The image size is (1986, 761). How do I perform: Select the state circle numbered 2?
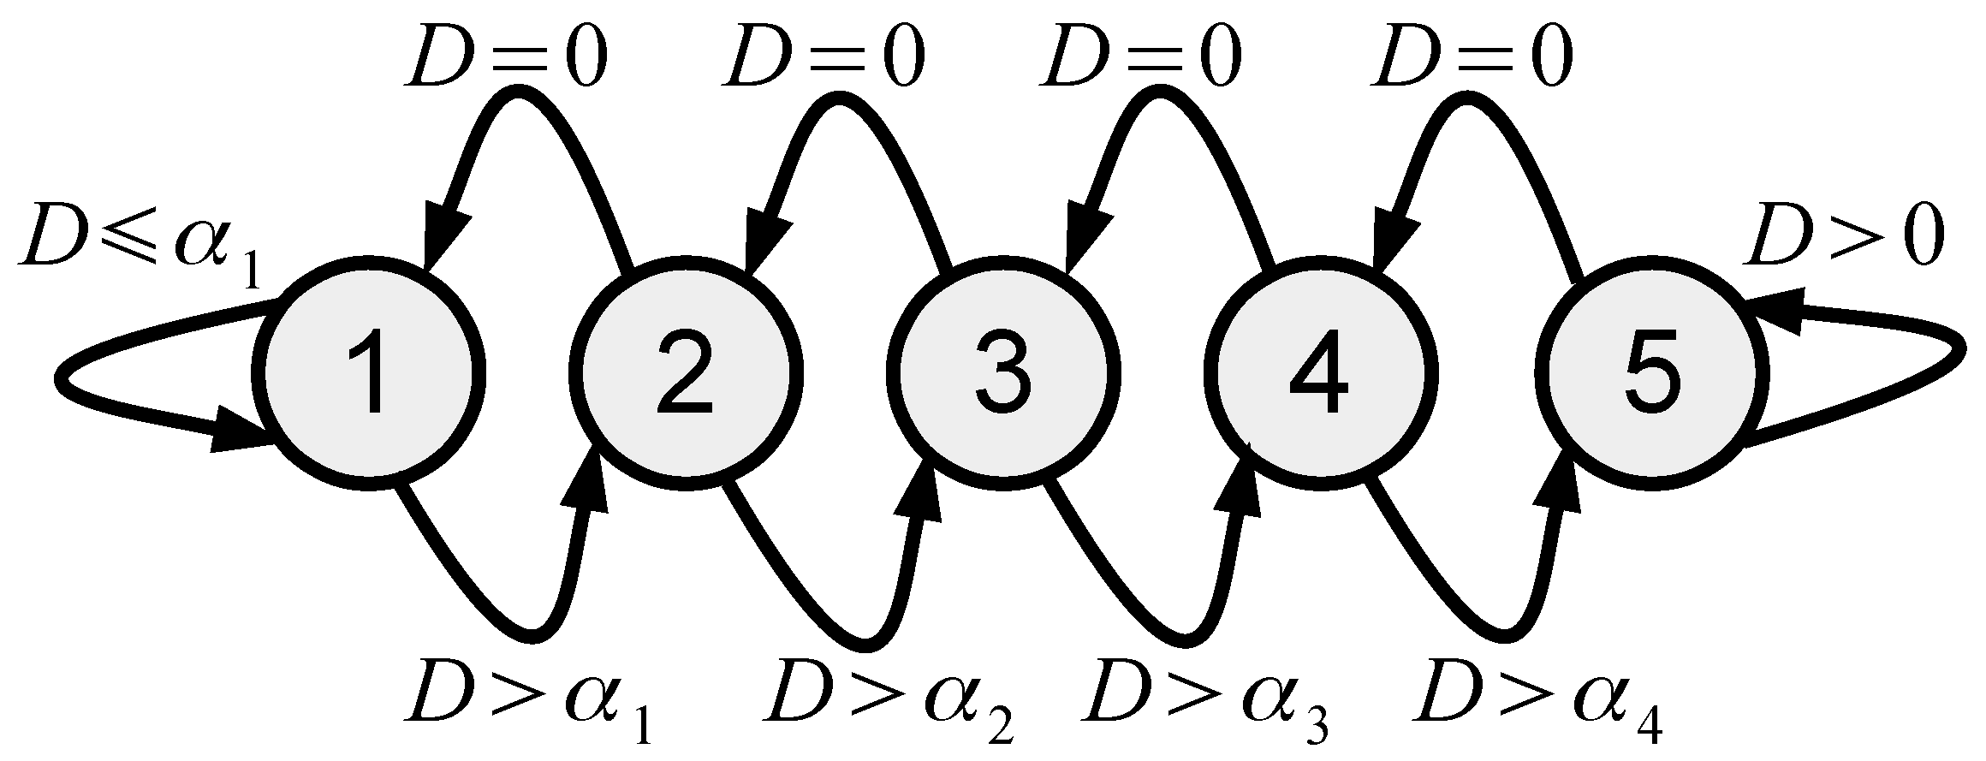coord(687,372)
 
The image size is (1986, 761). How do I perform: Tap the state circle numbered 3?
coord(1003,372)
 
